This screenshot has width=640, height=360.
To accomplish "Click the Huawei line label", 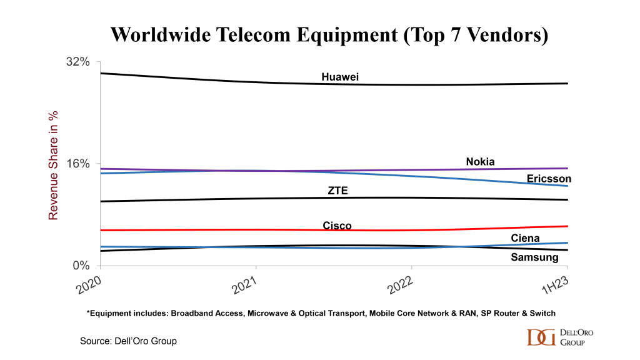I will (340, 77).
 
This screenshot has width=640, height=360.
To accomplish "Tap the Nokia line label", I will (480, 162).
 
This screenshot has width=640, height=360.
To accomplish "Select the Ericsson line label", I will (549, 179).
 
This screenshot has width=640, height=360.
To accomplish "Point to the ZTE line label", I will (337, 191).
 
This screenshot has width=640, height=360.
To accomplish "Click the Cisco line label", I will (337, 226).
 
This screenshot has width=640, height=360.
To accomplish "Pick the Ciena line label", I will (525, 238).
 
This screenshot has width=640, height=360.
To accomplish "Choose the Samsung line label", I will (534, 257).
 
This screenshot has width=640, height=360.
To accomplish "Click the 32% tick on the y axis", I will (78, 62).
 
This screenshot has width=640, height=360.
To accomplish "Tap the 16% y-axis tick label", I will (78, 164).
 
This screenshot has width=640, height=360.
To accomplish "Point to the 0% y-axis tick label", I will (81, 265).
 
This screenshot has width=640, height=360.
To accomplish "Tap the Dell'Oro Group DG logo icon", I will (541, 337).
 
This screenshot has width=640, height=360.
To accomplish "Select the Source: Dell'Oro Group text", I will (128, 341).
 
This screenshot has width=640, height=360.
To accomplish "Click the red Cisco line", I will (187, 229).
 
